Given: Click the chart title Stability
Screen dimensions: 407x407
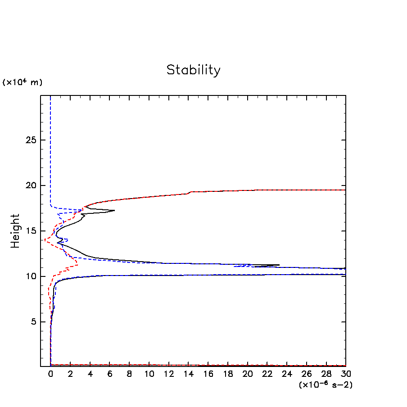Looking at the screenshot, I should pyautogui.click(x=194, y=70).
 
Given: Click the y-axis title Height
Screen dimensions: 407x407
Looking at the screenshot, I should pyautogui.click(x=16, y=231).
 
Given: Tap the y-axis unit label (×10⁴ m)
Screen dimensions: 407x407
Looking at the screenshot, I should pyautogui.click(x=23, y=82).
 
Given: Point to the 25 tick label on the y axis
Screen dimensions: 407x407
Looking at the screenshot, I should pyautogui.click(x=30, y=140).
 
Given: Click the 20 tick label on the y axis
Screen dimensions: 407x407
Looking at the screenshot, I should pyautogui.click(x=30, y=185).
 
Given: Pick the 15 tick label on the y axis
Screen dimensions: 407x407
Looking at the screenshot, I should pyautogui.click(x=30, y=231).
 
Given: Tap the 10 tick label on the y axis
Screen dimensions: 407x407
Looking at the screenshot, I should pyautogui.click(x=30, y=276).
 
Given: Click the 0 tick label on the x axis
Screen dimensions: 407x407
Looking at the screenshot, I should pyautogui.click(x=50, y=374).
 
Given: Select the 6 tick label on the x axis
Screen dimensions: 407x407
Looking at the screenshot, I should pyautogui.click(x=110, y=374).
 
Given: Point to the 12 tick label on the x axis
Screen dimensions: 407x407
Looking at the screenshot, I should pyautogui.click(x=169, y=374).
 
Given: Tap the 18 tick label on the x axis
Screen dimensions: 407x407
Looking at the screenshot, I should pyautogui.click(x=228, y=374).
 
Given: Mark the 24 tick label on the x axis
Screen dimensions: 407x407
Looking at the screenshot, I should pyautogui.click(x=287, y=374).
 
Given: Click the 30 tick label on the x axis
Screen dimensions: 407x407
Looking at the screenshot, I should pyautogui.click(x=346, y=374).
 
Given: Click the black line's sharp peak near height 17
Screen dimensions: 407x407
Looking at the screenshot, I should pyautogui.click(x=115, y=210).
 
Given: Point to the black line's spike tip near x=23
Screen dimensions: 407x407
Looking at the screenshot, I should pyautogui.click(x=279, y=265).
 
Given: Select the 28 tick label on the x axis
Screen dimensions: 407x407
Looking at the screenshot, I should pyautogui.click(x=326, y=374).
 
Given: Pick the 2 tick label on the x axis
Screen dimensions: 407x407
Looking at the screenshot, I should pyautogui.click(x=70, y=374).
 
